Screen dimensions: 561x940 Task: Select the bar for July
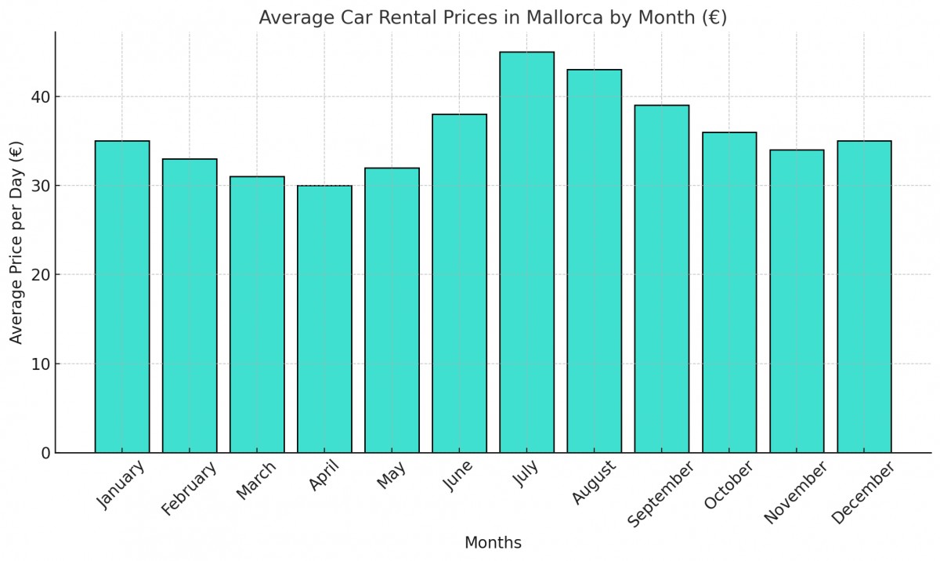[526, 252]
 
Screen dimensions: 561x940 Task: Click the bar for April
[324, 319]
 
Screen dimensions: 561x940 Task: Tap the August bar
[594, 261]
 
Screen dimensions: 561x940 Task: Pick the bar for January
[122, 297]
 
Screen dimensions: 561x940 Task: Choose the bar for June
[459, 284]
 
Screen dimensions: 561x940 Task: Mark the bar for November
[797, 301]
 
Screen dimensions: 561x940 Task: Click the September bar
[662, 279]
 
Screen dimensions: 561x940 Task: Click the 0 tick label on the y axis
[45, 453]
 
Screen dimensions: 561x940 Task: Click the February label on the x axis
[189, 490]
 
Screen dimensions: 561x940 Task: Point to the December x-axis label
[862, 493]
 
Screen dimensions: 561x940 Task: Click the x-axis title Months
[493, 542]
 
